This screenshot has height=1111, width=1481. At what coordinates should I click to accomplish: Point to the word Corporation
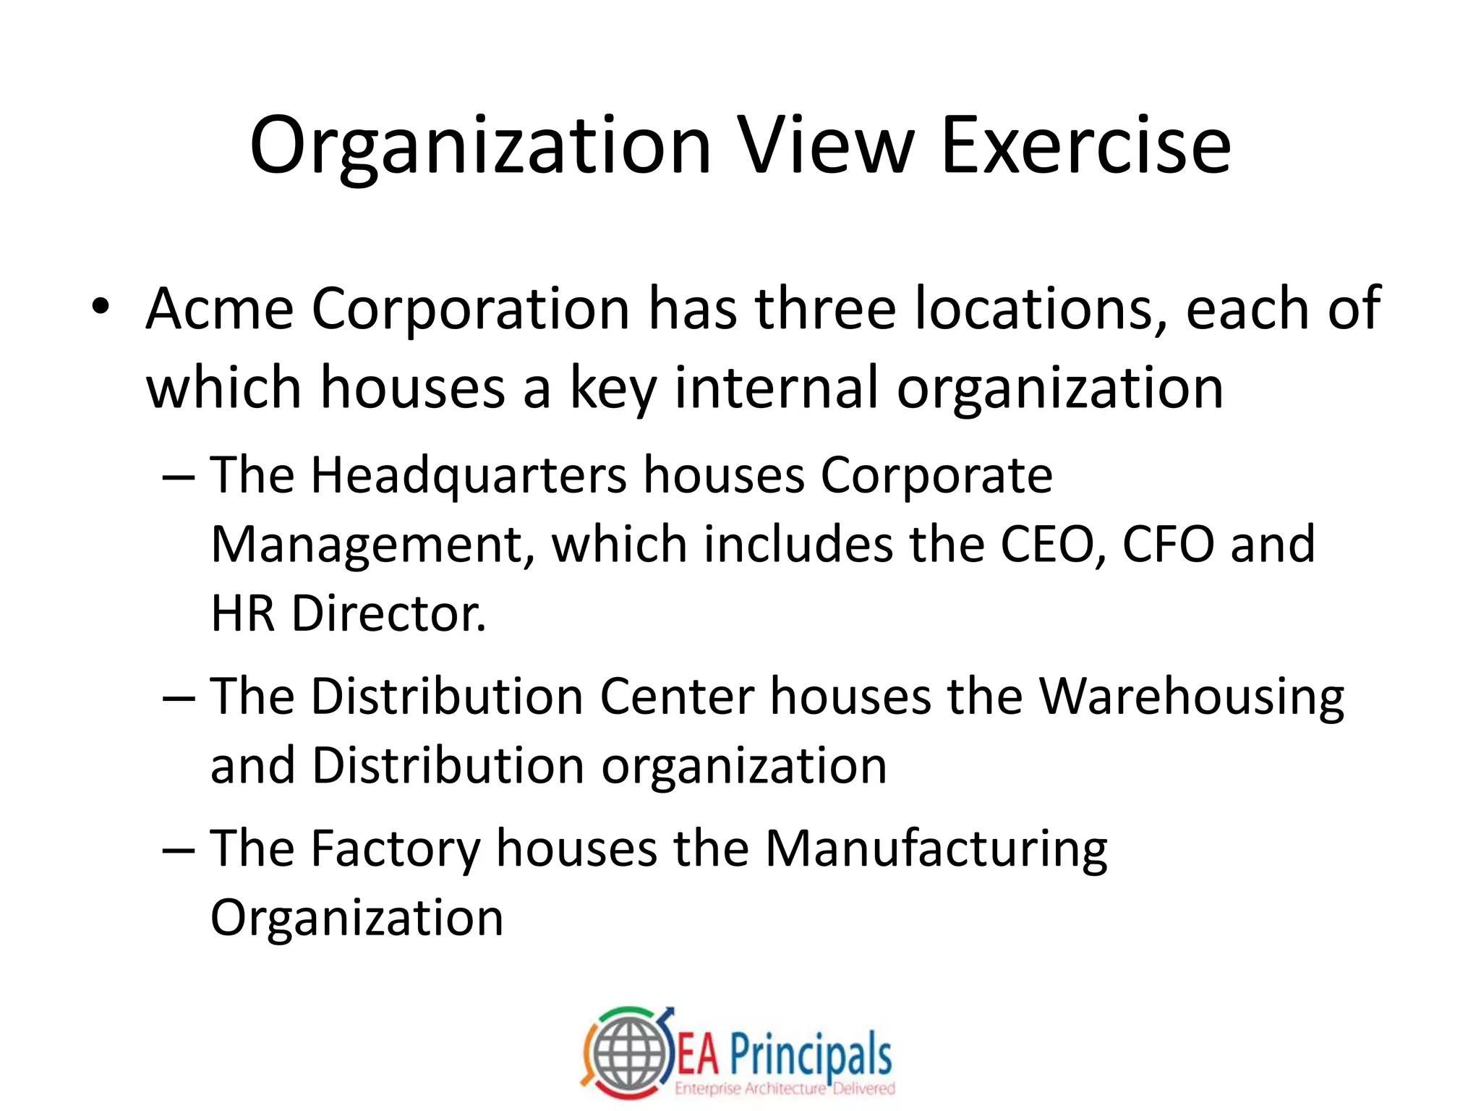click(x=471, y=309)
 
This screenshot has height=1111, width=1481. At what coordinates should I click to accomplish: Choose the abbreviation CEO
click(x=1052, y=544)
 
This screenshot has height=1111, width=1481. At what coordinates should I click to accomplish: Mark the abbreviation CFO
click(x=1168, y=544)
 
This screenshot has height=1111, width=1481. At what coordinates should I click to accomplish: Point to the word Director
click(x=389, y=613)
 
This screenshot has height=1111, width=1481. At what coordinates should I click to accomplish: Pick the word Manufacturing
click(x=936, y=849)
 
